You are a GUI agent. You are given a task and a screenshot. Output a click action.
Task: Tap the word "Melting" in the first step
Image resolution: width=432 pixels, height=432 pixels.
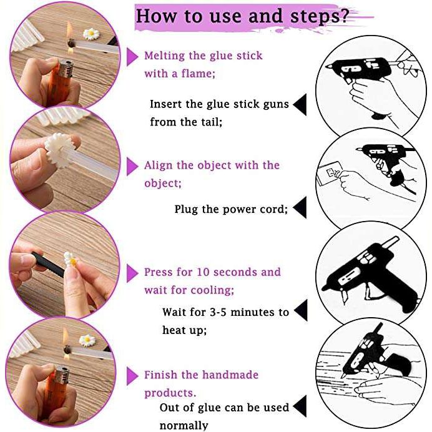[x=165, y=56]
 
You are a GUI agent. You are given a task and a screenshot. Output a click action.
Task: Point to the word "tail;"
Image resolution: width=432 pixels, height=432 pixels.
[x=211, y=122]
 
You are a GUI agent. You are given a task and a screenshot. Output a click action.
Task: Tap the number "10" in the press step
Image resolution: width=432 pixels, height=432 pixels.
[x=203, y=272]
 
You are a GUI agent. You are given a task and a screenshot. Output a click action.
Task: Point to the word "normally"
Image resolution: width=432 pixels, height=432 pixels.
[x=184, y=426]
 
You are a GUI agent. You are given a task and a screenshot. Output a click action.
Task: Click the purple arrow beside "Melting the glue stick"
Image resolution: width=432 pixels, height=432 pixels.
[x=132, y=57]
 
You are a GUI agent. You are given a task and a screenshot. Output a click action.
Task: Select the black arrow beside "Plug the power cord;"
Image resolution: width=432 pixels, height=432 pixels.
[x=300, y=208]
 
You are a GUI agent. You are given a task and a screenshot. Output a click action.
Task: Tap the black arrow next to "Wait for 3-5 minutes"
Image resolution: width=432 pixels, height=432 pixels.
[x=301, y=310]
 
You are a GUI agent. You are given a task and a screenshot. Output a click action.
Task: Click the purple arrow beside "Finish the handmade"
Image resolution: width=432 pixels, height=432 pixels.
[x=132, y=376]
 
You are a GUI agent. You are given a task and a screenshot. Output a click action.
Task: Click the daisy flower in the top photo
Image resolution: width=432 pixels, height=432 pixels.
[x=91, y=34]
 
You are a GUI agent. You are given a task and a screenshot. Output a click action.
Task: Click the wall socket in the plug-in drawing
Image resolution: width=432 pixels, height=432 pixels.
[x=331, y=172]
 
